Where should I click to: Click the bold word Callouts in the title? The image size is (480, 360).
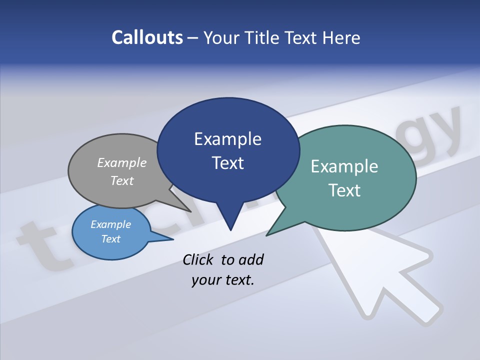(x=147, y=37)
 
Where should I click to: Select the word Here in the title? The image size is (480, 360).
(x=341, y=37)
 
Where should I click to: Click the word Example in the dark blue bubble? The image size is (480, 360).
(x=227, y=139)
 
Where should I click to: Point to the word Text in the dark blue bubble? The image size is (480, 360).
(x=227, y=163)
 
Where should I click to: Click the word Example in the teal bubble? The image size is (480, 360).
(x=344, y=166)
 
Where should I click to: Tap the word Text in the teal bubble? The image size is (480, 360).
(x=344, y=190)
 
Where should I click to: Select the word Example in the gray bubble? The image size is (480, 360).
(x=122, y=162)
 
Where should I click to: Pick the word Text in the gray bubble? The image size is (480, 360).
(x=122, y=180)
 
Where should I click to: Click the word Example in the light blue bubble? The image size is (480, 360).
(x=110, y=224)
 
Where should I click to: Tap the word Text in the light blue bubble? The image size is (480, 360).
(x=110, y=239)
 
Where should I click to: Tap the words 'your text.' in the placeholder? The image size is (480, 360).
(x=223, y=280)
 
